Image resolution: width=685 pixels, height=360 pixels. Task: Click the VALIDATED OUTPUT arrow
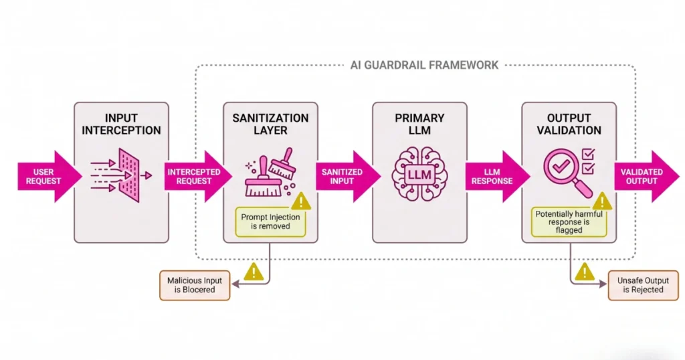644,176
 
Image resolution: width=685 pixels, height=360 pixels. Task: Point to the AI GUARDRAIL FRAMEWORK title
424,65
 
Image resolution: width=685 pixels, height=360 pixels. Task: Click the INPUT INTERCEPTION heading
121,124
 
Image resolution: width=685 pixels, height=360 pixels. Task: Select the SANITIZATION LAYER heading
270,124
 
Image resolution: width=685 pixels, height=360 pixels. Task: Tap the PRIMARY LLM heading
420,124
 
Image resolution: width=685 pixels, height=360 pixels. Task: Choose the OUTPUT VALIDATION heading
569,124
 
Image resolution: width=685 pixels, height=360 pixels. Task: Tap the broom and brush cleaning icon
268,173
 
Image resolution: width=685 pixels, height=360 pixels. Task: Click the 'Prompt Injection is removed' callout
270,221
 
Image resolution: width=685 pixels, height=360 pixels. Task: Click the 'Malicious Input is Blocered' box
194,285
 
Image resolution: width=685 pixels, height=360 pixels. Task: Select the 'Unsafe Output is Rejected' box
642,285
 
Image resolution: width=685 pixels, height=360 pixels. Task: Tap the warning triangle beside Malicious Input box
254,271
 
